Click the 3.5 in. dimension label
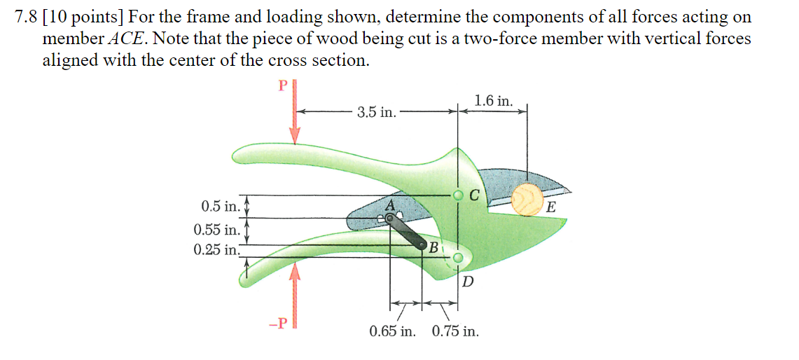point(376,112)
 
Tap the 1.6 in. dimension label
point(493,101)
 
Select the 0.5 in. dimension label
point(220,207)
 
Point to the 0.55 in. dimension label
point(216,229)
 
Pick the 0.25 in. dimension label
point(216,248)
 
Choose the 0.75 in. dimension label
point(456,331)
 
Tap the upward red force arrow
point(296,294)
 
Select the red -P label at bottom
point(278,324)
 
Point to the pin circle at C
point(458,195)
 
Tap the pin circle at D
point(458,258)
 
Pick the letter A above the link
point(391,205)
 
